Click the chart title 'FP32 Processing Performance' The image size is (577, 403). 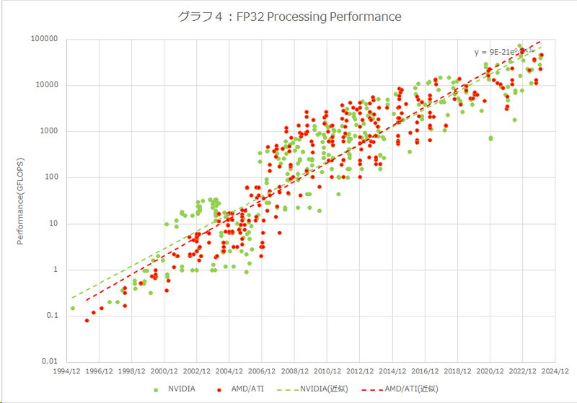(x=288, y=16)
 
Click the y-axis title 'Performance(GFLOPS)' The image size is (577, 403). (x=21, y=200)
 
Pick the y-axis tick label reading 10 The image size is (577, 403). (x=53, y=223)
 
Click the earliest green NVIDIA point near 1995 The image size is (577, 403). (x=73, y=309)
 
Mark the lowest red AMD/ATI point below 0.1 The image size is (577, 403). (x=87, y=320)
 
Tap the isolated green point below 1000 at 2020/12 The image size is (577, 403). (x=491, y=138)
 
